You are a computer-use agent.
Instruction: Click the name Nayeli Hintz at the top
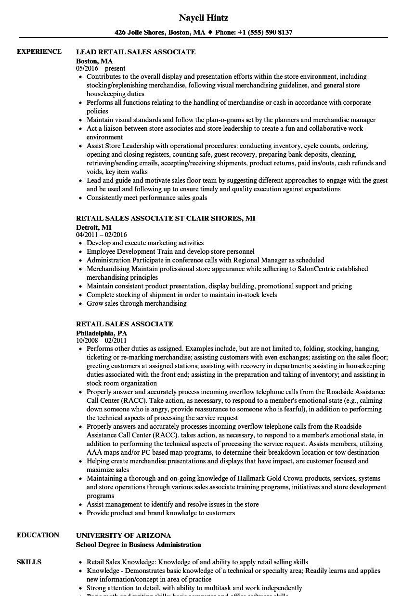point(203,18)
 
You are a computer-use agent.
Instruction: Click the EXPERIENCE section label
point(39,51)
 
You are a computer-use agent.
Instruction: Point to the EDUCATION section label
point(38,535)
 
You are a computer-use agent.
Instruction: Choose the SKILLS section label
point(29,562)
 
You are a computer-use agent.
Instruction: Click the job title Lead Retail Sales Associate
point(136,51)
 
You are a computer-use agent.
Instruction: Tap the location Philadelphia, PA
point(102,332)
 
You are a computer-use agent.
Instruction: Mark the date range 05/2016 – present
point(101,68)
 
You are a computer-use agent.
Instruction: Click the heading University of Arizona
point(124,535)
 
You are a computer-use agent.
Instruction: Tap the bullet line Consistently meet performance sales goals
point(147,198)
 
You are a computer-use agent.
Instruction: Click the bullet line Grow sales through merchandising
point(136,303)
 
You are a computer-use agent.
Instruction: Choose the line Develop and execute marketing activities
point(145,243)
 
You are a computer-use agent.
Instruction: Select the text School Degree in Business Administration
point(139,545)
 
